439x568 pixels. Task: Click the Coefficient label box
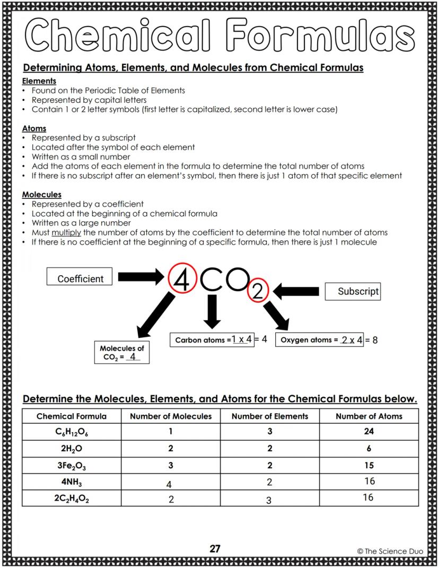point(81,278)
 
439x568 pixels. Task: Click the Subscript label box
point(353,291)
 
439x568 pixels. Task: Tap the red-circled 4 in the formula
point(181,279)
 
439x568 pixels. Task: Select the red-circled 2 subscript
point(257,291)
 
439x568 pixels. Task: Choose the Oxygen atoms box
point(320,339)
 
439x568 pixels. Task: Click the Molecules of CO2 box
point(121,353)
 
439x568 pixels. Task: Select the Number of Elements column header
point(269,416)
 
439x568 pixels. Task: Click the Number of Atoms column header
point(369,416)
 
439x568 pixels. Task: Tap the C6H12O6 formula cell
point(72,432)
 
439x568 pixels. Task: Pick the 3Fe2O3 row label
point(72,466)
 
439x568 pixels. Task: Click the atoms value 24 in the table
point(369,432)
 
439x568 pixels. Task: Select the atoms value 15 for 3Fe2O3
point(369,466)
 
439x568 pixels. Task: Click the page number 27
point(215,548)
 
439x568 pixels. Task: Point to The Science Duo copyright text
point(390,551)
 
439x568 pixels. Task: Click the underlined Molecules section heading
point(41,195)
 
